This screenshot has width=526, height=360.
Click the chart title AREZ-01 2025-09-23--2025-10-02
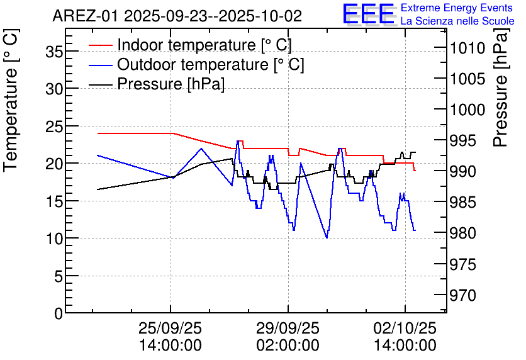point(177,15)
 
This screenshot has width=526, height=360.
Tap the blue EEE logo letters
point(369,14)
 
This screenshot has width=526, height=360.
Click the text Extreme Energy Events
point(457,8)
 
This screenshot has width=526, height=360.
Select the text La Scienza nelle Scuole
point(457,21)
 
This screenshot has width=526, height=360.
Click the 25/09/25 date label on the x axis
point(171,329)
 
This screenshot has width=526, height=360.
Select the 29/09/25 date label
point(288,329)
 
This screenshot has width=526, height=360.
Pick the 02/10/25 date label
point(405,329)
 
